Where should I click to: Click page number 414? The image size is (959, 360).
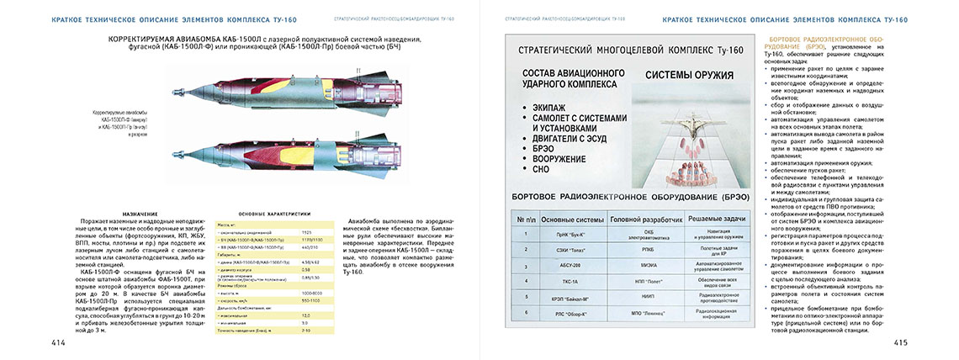click(58, 343)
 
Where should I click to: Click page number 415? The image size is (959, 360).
click(899, 343)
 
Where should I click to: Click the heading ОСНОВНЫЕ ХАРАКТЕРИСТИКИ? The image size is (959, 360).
click(274, 214)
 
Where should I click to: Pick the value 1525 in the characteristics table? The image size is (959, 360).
click(306, 231)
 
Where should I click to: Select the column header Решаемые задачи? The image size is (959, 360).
click(714, 219)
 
